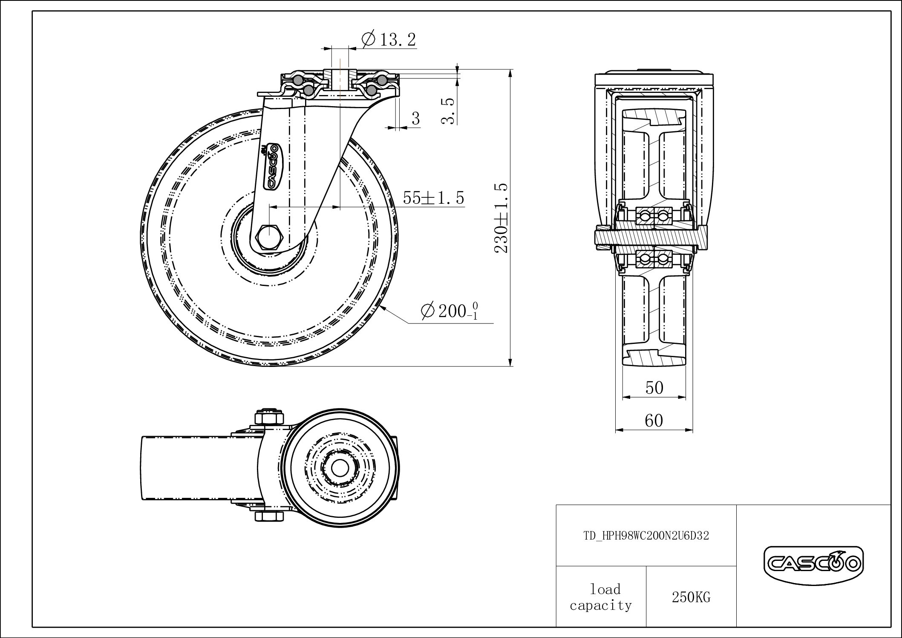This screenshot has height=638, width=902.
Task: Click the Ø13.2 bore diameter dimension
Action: (x=388, y=40)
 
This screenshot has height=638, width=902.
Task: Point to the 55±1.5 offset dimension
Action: (x=433, y=198)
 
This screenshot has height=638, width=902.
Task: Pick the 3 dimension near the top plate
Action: (x=415, y=118)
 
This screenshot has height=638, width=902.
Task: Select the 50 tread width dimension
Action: (x=654, y=388)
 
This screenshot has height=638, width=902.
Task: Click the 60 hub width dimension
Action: (x=654, y=421)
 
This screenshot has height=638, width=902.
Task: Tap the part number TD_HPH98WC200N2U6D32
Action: (x=646, y=536)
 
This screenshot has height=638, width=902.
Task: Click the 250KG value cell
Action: (x=691, y=597)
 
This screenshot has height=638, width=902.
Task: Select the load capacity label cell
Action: (x=601, y=597)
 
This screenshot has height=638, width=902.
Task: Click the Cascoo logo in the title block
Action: (x=813, y=565)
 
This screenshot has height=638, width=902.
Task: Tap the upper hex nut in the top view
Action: (x=269, y=416)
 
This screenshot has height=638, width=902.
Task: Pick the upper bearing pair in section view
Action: (x=653, y=217)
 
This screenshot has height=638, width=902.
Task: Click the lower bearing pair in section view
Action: (x=653, y=259)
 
